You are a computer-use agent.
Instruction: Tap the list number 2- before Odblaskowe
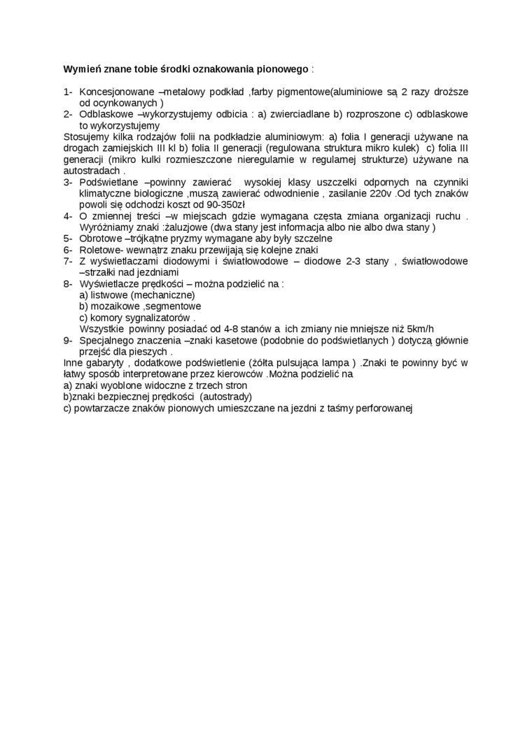pyautogui.click(x=68, y=114)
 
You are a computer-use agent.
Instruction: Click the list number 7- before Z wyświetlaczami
pyautogui.click(x=68, y=261)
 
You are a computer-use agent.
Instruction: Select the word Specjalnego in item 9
pyautogui.click(x=107, y=341)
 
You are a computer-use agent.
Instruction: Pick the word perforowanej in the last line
pyautogui.click(x=385, y=408)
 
